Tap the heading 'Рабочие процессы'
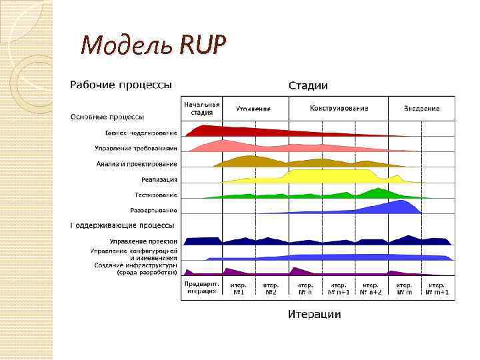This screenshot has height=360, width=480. [x=121, y=85]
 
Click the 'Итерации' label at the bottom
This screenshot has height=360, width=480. [x=314, y=314]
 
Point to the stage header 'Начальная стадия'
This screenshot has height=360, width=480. [x=201, y=108]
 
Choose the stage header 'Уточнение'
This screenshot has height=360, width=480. [x=254, y=108]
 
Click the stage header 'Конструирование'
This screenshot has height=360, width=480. [x=339, y=108]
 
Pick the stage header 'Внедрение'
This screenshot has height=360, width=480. [x=421, y=108]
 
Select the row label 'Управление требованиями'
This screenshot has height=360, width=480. [x=136, y=148]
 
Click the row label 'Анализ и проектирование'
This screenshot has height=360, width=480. [x=137, y=163]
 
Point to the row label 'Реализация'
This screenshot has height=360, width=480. [x=159, y=179]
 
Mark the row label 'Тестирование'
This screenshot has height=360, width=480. [x=155, y=195]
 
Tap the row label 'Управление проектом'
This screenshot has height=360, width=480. [x=143, y=241]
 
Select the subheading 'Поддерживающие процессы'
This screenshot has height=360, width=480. [x=123, y=225]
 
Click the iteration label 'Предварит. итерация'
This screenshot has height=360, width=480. [x=201, y=287]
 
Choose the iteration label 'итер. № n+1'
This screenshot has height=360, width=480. [x=339, y=288]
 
